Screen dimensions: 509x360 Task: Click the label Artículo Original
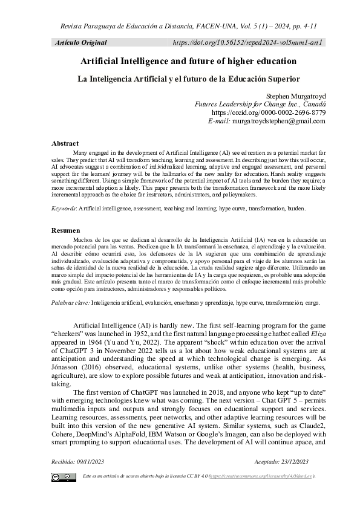(80, 43)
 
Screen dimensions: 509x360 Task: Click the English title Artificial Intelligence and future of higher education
(188, 62)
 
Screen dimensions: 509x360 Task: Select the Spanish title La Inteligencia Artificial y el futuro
(188, 78)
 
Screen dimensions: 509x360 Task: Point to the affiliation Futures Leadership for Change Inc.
(260, 104)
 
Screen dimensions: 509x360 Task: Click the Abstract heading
(65, 143)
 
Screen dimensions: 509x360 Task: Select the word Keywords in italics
(64, 208)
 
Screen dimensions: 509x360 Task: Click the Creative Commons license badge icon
(61, 478)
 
